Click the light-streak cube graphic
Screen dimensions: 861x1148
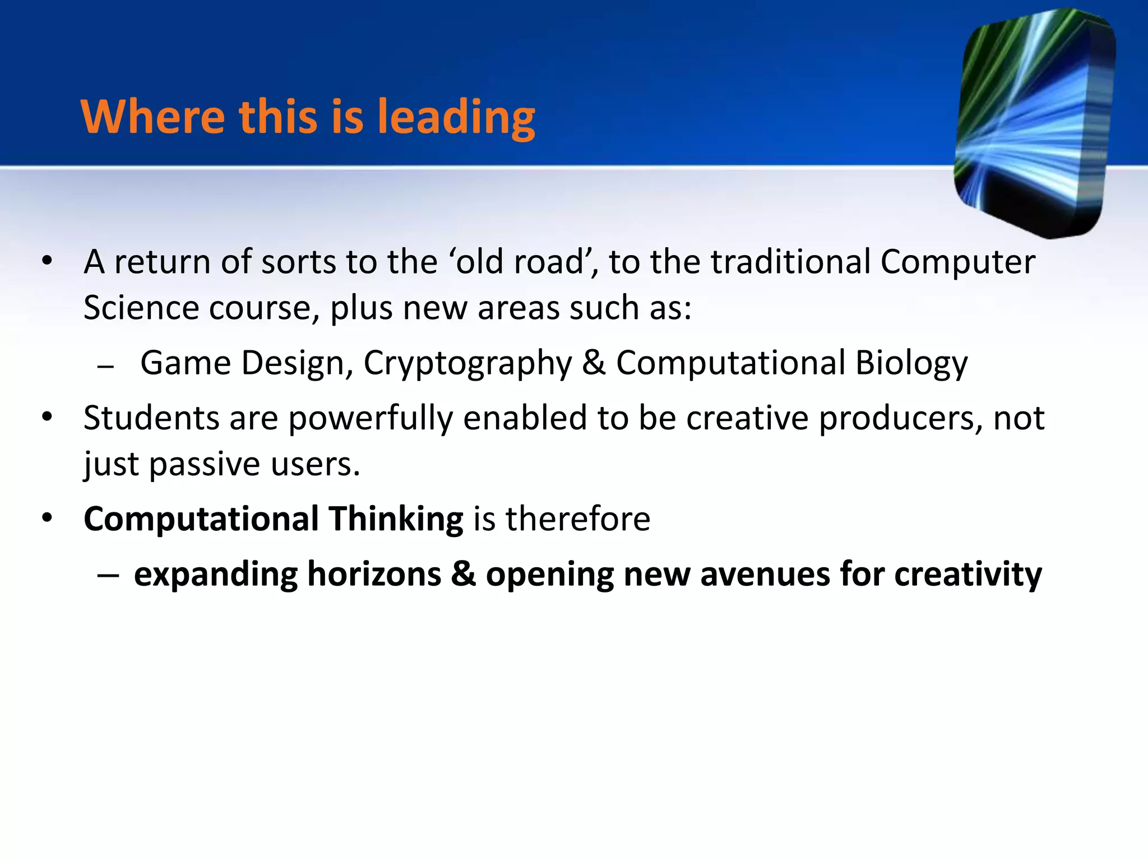coord(1035,123)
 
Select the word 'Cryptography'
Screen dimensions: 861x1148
coord(467,364)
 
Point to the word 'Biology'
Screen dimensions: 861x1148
coord(911,364)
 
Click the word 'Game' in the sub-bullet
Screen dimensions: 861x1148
coord(186,363)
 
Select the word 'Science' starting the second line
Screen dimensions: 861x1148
coord(141,308)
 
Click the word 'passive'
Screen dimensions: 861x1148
coord(205,465)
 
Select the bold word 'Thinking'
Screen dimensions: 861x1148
coord(396,519)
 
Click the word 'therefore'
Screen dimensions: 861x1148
coord(578,519)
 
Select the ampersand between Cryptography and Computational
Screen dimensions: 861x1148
coord(594,363)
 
